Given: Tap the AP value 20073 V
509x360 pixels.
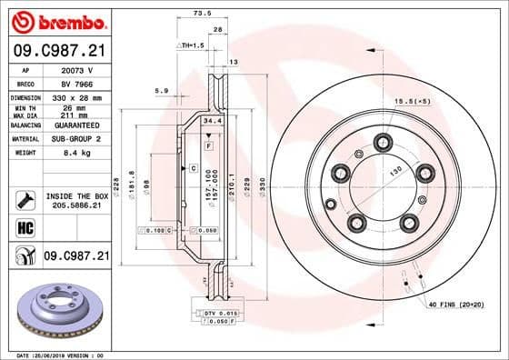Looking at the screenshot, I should point(78,69).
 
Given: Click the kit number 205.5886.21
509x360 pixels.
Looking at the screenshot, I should point(77,207).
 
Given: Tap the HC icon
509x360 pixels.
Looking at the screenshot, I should point(25,227).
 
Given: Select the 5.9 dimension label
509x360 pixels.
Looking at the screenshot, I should point(162,90).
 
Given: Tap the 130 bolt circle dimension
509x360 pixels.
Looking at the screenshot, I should point(395,172).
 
